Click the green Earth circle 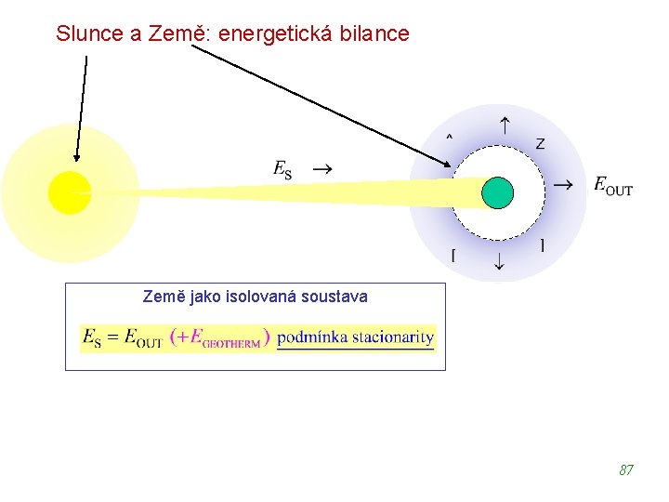pos(497,192)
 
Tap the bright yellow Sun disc pos(70,192)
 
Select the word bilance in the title pos(375,34)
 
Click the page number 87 pos(626,470)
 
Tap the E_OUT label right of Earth pos(613,186)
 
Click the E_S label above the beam pos(282,170)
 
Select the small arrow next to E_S pos(321,170)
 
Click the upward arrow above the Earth pos(504,125)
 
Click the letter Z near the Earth pos(540,143)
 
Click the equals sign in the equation pos(112,337)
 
